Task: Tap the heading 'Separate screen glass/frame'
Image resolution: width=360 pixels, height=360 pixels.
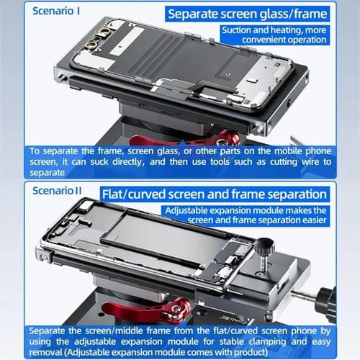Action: click(247, 13)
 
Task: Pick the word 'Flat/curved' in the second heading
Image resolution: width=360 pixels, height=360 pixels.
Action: click(135, 194)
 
